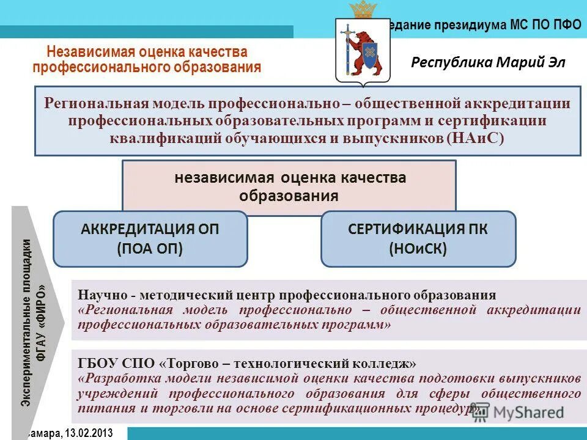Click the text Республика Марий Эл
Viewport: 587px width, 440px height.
tap(488, 62)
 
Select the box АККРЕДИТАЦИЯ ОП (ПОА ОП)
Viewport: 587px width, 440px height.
tap(150, 238)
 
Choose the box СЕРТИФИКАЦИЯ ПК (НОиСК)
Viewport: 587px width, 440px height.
tap(418, 238)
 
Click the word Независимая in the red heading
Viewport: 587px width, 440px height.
tap(86, 53)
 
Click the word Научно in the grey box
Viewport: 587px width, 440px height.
tap(99, 294)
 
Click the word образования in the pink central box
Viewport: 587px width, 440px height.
tap(289, 196)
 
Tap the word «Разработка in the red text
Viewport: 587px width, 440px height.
tap(117, 379)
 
